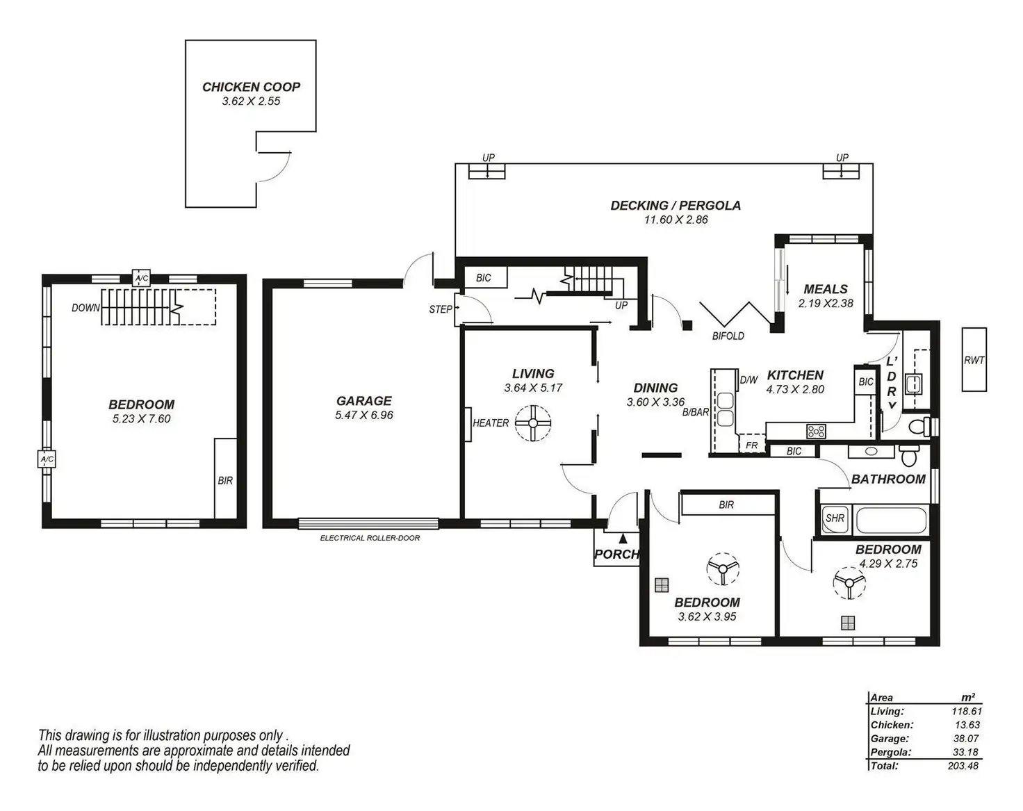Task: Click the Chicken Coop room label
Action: pos(251,87)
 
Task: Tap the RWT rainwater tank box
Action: pos(974,359)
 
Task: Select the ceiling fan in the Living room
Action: pos(533,423)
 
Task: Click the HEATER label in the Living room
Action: pos(491,423)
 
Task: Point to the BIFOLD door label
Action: pos(728,336)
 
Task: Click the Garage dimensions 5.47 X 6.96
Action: pos(363,415)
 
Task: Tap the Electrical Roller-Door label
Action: pos(370,538)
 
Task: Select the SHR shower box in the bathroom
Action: pos(835,518)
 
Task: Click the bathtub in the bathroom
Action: pos(892,520)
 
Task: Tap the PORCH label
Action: pos(616,555)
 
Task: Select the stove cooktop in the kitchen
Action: pos(816,431)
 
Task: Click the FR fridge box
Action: pos(751,444)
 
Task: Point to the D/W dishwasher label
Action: pos(748,380)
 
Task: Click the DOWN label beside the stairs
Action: pos(85,308)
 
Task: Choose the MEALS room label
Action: pos(825,289)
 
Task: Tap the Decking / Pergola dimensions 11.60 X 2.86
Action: pos(676,220)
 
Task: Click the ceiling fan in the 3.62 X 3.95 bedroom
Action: pos(723,568)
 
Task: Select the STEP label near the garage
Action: pos(440,309)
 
